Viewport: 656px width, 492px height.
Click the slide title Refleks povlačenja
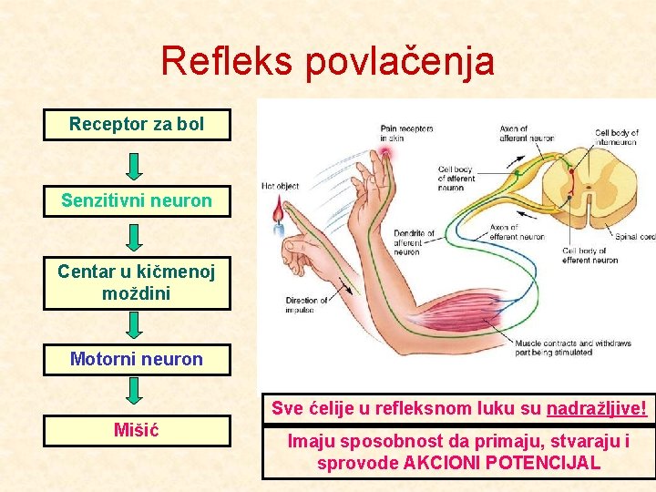pos(327,61)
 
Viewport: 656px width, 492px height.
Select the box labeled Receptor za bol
pos(137,125)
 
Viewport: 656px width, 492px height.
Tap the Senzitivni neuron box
pos(137,200)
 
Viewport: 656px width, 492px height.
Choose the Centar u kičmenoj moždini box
pos(137,282)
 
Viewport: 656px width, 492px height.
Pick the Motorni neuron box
pos(137,359)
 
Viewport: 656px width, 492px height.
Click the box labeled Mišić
pos(137,429)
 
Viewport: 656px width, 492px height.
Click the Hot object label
pos(281,186)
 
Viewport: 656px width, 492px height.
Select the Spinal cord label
pos(635,237)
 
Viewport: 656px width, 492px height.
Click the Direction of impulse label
pos(306,305)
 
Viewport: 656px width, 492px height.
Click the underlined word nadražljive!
pos(597,409)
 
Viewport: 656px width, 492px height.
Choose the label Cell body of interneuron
pos(617,138)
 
